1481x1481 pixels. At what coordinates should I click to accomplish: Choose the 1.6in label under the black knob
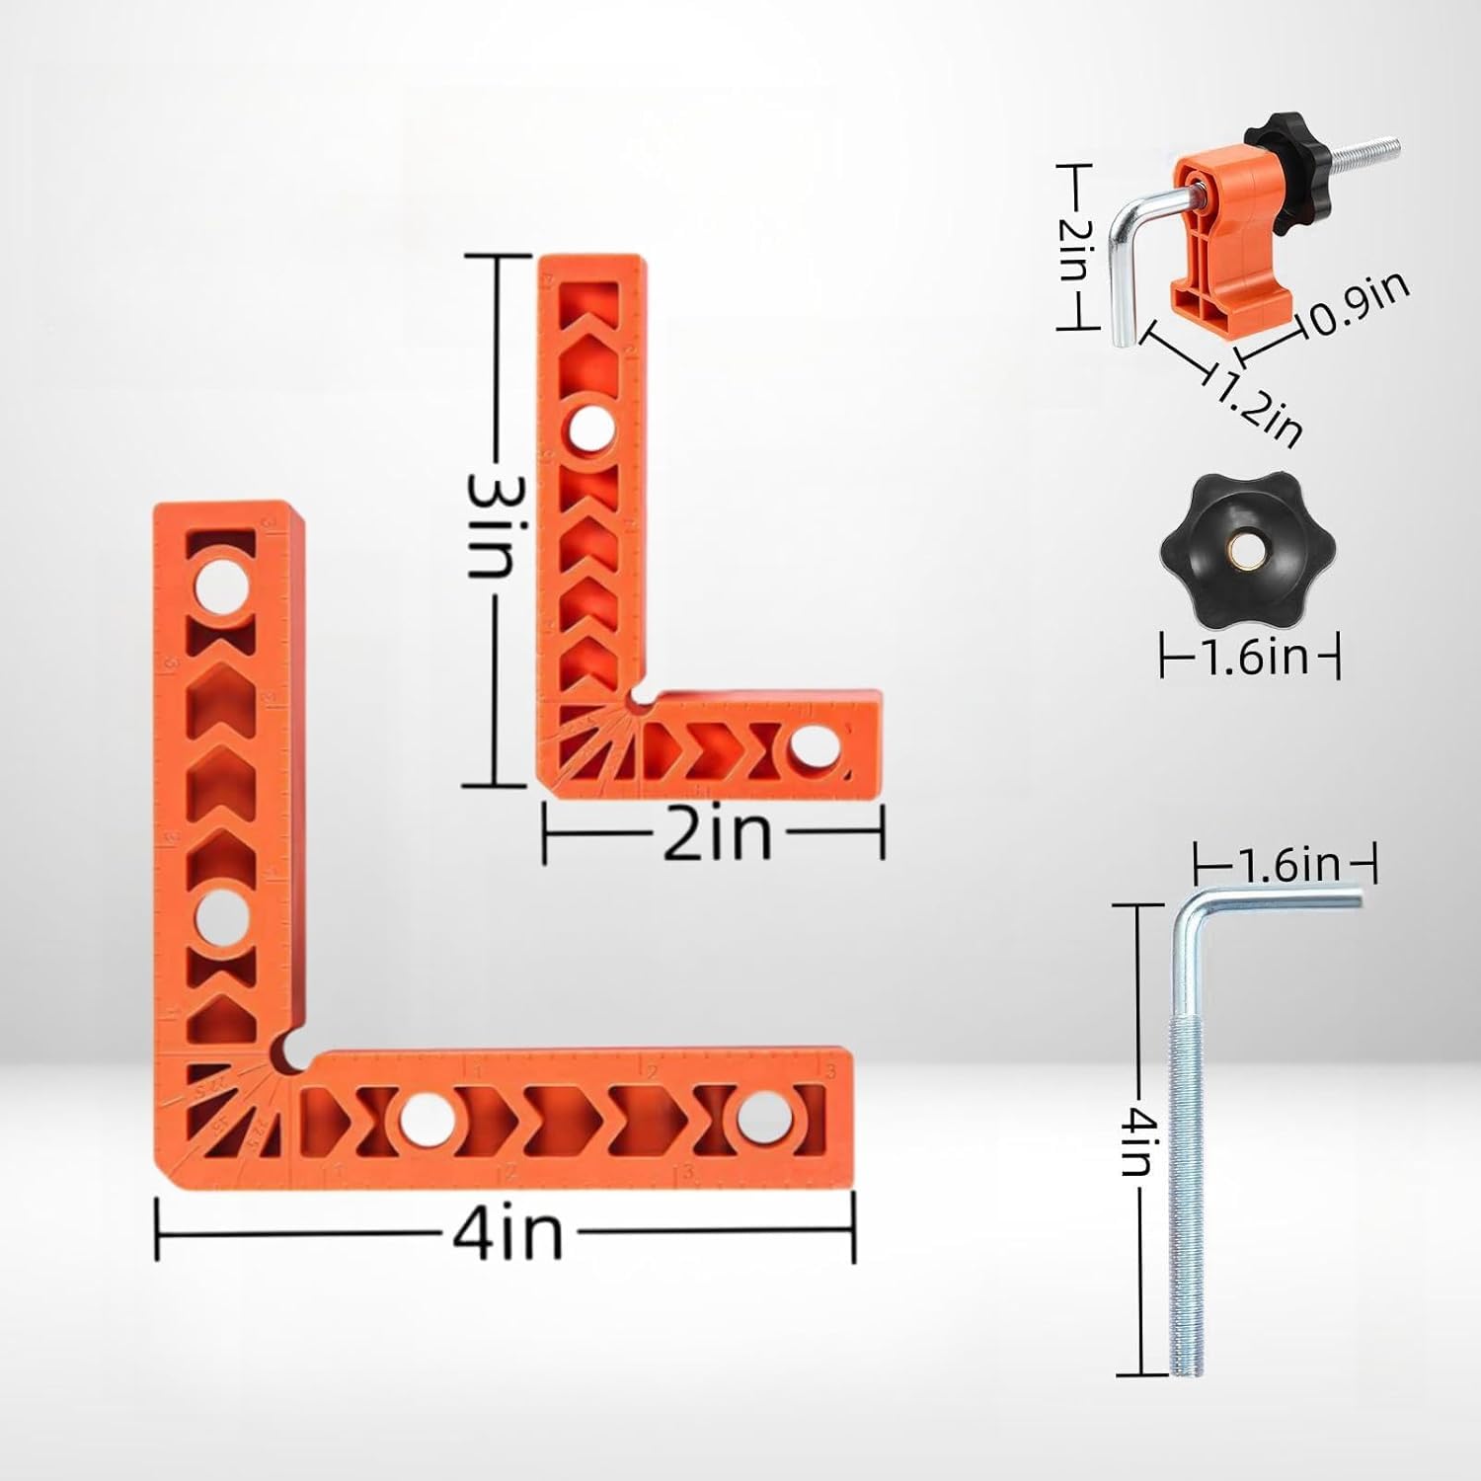1250,656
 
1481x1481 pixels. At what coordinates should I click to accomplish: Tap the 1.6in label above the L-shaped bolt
1285,866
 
